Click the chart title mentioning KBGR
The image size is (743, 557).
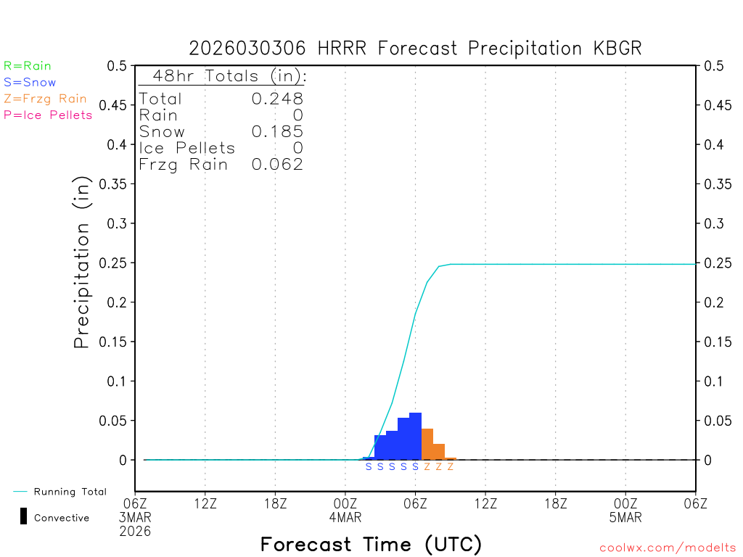[415, 49]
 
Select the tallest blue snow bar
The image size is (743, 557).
[415, 436]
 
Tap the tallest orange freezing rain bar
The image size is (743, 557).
[427, 444]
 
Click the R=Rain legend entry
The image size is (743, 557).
[28, 65]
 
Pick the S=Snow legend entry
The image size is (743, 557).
[30, 82]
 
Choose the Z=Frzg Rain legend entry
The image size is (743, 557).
[45, 99]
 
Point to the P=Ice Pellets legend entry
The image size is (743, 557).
[48, 115]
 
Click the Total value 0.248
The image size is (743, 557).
[277, 99]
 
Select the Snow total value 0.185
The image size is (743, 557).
[277, 131]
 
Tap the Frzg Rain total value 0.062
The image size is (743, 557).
[277, 165]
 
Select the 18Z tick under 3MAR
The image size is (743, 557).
[275, 502]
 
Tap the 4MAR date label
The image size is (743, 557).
[345, 518]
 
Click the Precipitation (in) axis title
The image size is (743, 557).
[82, 263]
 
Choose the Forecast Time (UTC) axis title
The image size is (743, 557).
[371, 544]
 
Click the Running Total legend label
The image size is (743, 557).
[70, 492]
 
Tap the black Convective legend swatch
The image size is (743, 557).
[23, 516]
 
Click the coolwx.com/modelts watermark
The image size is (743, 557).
[668, 548]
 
